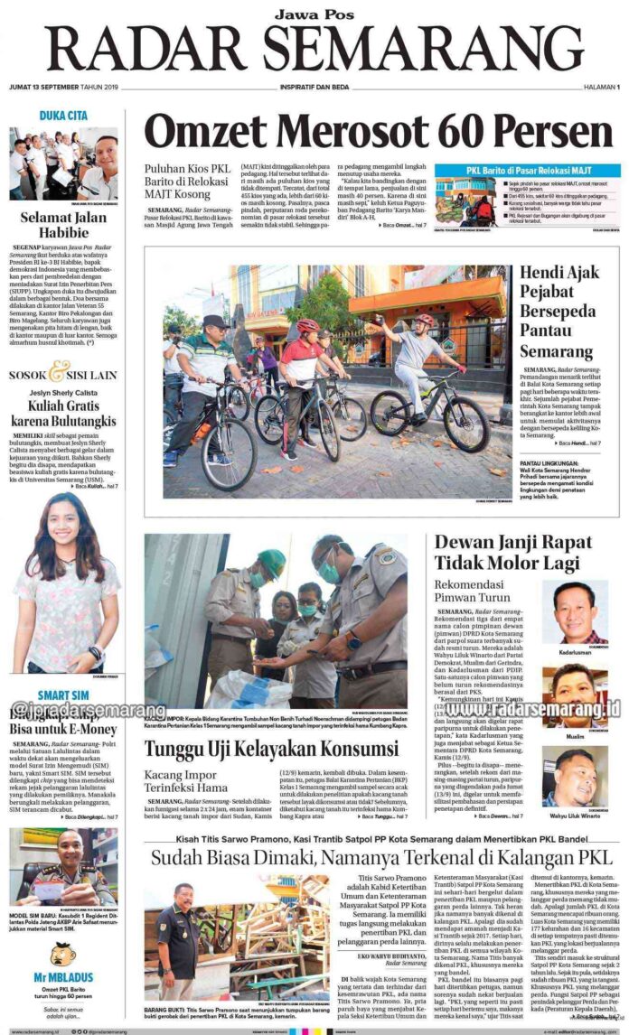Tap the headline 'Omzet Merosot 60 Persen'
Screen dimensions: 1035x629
(x=380, y=132)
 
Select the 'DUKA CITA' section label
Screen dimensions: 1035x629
(x=63, y=116)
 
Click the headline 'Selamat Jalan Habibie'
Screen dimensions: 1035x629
(x=63, y=226)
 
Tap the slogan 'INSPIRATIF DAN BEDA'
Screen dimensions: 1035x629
(x=314, y=87)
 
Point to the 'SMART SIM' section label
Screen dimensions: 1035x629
(x=63, y=695)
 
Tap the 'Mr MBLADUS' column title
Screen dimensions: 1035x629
(x=63, y=977)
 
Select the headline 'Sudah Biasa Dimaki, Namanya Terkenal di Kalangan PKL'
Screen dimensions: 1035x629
(x=380, y=857)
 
